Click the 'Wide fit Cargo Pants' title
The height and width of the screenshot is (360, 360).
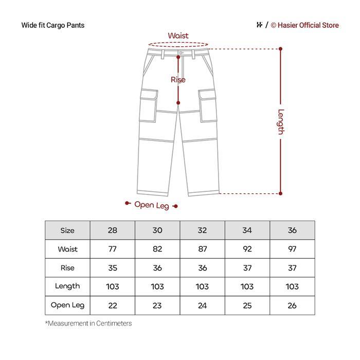pyautogui.click(x=53, y=25)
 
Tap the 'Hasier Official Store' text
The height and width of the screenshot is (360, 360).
pyautogui.click(x=308, y=25)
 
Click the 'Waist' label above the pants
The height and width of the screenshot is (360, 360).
pyautogui.click(x=178, y=36)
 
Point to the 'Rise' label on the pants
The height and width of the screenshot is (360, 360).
pyautogui.click(x=178, y=80)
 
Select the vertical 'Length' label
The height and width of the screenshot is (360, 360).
pyautogui.click(x=281, y=121)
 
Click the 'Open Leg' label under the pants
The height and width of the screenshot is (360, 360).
pyautogui.click(x=152, y=205)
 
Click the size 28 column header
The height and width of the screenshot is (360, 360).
pyautogui.click(x=113, y=230)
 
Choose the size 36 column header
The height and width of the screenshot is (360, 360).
pyautogui.click(x=292, y=230)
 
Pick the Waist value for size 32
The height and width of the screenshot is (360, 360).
pyautogui.click(x=203, y=249)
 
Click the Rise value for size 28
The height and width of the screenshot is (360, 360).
pyautogui.click(x=113, y=268)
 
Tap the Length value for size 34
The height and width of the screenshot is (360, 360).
pyautogui.click(x=247, y=286)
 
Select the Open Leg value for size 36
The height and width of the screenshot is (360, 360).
pyautogui.click(x=292, y=305)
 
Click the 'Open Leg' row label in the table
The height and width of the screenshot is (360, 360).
pyautogui.click(x=67, y=305)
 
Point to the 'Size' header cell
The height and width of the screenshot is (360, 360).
pyautogui.click(x=67, y=230)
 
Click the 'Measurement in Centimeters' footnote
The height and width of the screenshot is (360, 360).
pyautogui.click(x=88, y=323)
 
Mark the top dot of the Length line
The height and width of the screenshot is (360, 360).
pyautogui.click(x=281, y=49)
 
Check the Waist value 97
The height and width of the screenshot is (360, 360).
pyautogui.click(x=292, y=249)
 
